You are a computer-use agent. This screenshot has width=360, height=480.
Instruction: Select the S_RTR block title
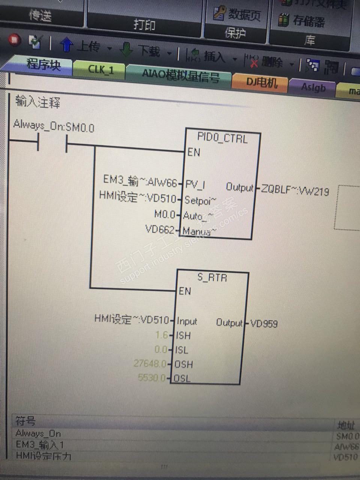coord(212,278)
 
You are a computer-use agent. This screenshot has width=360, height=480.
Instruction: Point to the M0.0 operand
coord(165,214)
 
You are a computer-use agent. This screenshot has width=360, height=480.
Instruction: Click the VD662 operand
coord(160,229)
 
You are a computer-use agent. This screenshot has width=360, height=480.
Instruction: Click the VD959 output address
coord(264,323)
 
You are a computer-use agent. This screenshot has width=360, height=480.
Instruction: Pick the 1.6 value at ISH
coord(162,335)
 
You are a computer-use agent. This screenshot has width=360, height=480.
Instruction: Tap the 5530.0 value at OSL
coord(151,377)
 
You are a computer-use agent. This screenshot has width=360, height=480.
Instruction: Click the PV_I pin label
coord(195,185)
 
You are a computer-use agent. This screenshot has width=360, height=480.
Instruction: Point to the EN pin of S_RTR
coord(184,291)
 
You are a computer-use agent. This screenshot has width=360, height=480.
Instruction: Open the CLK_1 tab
coord(100,70)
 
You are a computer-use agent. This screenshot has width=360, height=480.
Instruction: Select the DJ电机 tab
coord(261,82)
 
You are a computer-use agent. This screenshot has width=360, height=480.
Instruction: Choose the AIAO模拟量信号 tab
coord(180,75)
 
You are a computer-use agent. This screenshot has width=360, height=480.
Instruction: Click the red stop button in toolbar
coord(15,40)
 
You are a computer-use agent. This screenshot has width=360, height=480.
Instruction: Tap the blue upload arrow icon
coord(67,45)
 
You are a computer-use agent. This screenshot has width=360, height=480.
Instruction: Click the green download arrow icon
coord(127,49)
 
